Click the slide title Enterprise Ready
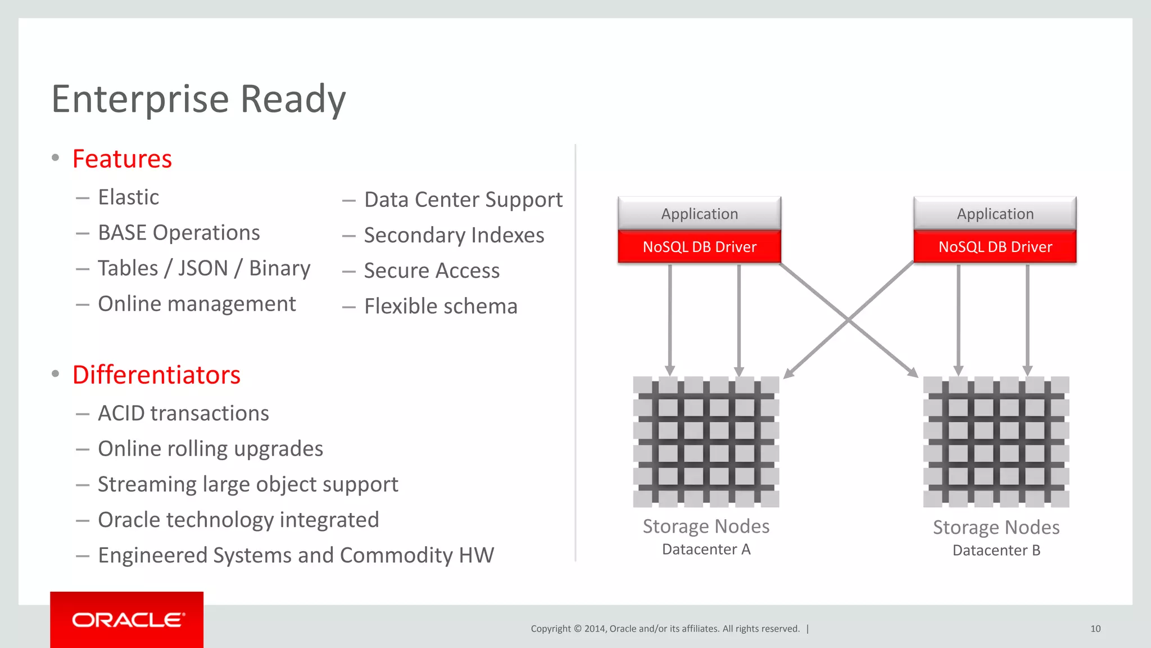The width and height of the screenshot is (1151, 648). click(x=198, y=99)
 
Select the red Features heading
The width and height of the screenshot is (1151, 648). click(x=122, y=159)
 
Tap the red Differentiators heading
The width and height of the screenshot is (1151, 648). click(x=156, y=375)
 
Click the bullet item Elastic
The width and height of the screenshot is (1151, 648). click(x=128, y=197)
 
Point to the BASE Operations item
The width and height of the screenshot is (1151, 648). click(x=179, y=233)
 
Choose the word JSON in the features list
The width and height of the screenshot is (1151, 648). click(x=203, y=268)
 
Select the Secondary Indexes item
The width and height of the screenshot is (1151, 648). click(x=454, y=235)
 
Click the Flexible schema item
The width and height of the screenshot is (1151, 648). click(x=440, y=307)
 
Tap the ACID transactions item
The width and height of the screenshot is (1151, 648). click(x=183, y=413)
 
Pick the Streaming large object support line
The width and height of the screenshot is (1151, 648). click(x=248, y=484)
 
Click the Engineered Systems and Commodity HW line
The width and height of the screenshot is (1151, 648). click(x=296, y=556)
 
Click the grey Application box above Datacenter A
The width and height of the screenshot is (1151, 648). click(x=699, y=214)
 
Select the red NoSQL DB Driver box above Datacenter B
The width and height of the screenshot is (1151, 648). click(x=995, y=247)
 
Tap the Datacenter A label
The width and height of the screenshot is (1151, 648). click(x=706, y=550)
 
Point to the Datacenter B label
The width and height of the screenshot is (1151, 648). click(x=996, y=551)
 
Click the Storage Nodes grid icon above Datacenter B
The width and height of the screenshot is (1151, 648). click(x=996, y=442)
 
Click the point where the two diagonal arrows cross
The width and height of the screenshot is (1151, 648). click(x=848, y=320)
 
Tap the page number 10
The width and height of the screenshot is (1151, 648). click(x=1095, y=629)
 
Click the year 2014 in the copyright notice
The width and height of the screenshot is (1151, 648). click(x=594, y=629)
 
